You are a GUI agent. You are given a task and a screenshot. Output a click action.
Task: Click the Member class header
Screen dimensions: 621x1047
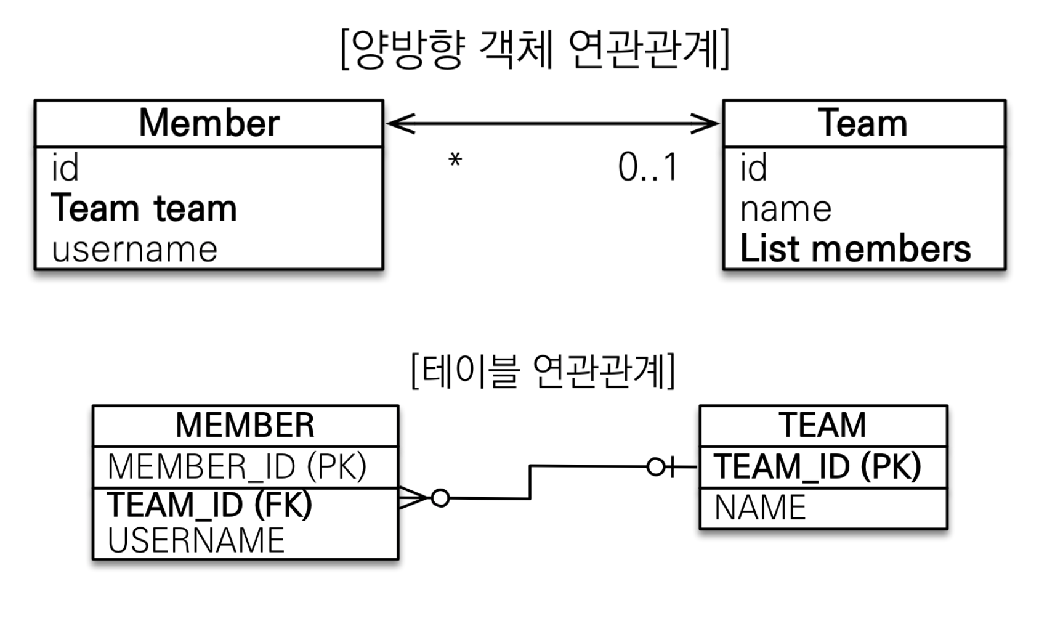point(209,123)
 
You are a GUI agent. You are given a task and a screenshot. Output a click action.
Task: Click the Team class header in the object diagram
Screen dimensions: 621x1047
point(863,123)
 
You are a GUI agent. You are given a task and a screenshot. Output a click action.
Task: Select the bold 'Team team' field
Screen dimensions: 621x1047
point(144,208)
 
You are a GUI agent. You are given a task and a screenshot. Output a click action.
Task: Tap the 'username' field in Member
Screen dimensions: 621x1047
point(135,250)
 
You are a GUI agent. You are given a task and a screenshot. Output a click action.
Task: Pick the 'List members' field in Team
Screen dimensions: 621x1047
point(855,249)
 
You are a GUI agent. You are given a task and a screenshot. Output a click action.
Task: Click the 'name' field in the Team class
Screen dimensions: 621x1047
point(785,209)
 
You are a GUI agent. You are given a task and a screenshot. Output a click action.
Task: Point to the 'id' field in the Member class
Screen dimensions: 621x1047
point(65,168)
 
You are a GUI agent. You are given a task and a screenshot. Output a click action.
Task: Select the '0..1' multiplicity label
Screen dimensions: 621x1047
point(648,168)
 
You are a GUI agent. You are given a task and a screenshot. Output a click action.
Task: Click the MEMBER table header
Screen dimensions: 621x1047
point(245,425)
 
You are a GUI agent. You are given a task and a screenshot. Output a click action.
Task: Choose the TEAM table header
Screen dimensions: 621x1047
point(823,425)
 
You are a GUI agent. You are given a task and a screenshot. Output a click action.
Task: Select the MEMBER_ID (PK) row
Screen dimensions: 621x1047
point(237,466)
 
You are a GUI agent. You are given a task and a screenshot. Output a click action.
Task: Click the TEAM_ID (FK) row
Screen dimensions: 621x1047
point(210,505)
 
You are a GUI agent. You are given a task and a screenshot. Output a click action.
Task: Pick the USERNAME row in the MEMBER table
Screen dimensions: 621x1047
point(196,540)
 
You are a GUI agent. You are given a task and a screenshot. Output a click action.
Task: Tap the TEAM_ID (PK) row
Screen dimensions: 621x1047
point(817,466)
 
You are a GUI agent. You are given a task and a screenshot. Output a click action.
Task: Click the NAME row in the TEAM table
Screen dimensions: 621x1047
point(760,508)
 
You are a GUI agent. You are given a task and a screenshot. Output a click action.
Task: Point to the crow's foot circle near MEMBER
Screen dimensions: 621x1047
point(440,498)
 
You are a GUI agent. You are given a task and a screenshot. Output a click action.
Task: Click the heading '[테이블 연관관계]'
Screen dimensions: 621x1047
point(543,371)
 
